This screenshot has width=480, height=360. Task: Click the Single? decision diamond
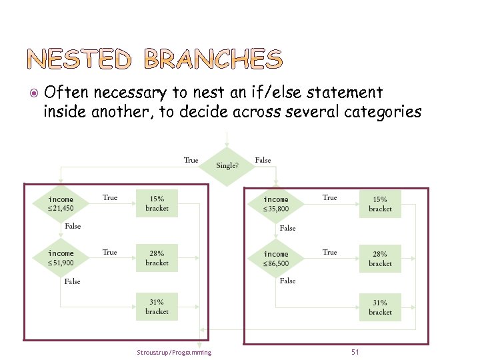(x=228, y=164)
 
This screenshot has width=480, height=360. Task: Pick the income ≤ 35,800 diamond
(x=276, y=204)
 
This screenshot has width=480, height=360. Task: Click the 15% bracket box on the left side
(x=157, y=203)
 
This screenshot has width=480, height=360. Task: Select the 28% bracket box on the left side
(x=157, y=258)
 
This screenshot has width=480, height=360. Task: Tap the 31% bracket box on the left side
(x=157, y=307)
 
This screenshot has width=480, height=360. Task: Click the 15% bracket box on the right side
(x=380, y=204)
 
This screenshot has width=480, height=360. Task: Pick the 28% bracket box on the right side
(x=380, y=259)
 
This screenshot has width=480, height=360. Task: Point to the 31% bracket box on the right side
(x=380, y=307)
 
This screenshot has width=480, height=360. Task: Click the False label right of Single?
(x=263, y=160)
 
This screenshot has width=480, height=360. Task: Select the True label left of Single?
(x=191, y=160)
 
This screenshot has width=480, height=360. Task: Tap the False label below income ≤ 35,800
(x=287, y=228)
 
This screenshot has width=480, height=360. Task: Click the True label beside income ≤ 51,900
(x=110, y=252)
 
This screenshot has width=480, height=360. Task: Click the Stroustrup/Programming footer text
(x=173, y=353)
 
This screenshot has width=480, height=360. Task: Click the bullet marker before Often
(x=35, y=93)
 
